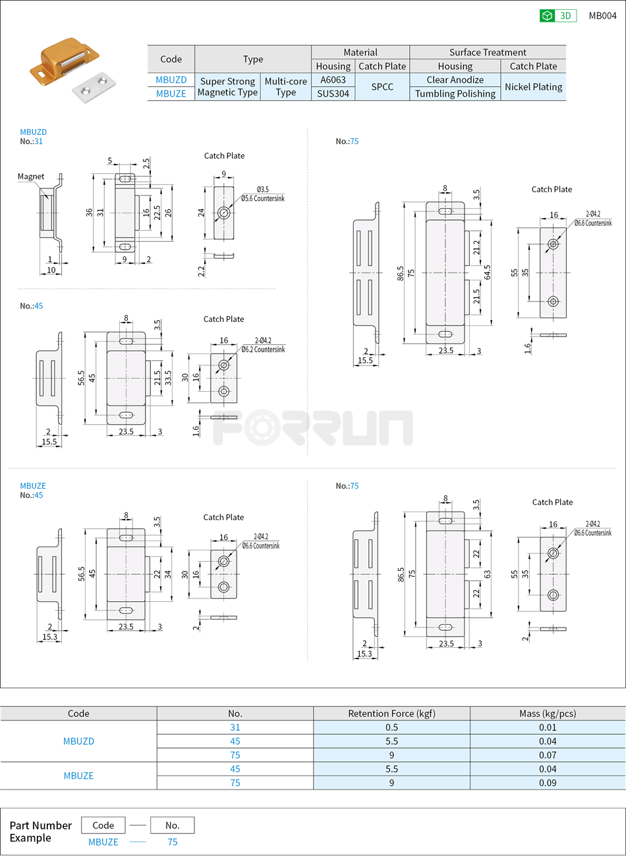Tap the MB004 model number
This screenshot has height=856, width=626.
point(602,16)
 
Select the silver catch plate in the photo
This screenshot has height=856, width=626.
point(94,86)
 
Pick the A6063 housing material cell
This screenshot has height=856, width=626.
point(333,80)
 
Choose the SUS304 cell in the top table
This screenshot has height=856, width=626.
point(333,94)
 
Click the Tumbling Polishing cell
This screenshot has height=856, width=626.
point(455,94)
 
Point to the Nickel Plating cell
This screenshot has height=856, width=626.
point(533,87)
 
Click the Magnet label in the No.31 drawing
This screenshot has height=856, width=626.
point(31,176)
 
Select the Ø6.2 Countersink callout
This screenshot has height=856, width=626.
point(263,350)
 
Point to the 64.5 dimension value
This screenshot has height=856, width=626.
point(487,272)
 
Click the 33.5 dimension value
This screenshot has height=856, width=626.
point(168,378)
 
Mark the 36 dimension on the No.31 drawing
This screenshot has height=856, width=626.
point(89,213)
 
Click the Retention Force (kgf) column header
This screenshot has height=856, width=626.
point(391,713)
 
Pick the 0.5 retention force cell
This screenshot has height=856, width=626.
point(391,728)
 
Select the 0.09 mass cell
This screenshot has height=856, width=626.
point(547,783)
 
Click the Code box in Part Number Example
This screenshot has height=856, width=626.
point(103,825)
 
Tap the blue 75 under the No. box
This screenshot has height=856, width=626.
point(173,842)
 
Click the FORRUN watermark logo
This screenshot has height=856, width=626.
point(313,428)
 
